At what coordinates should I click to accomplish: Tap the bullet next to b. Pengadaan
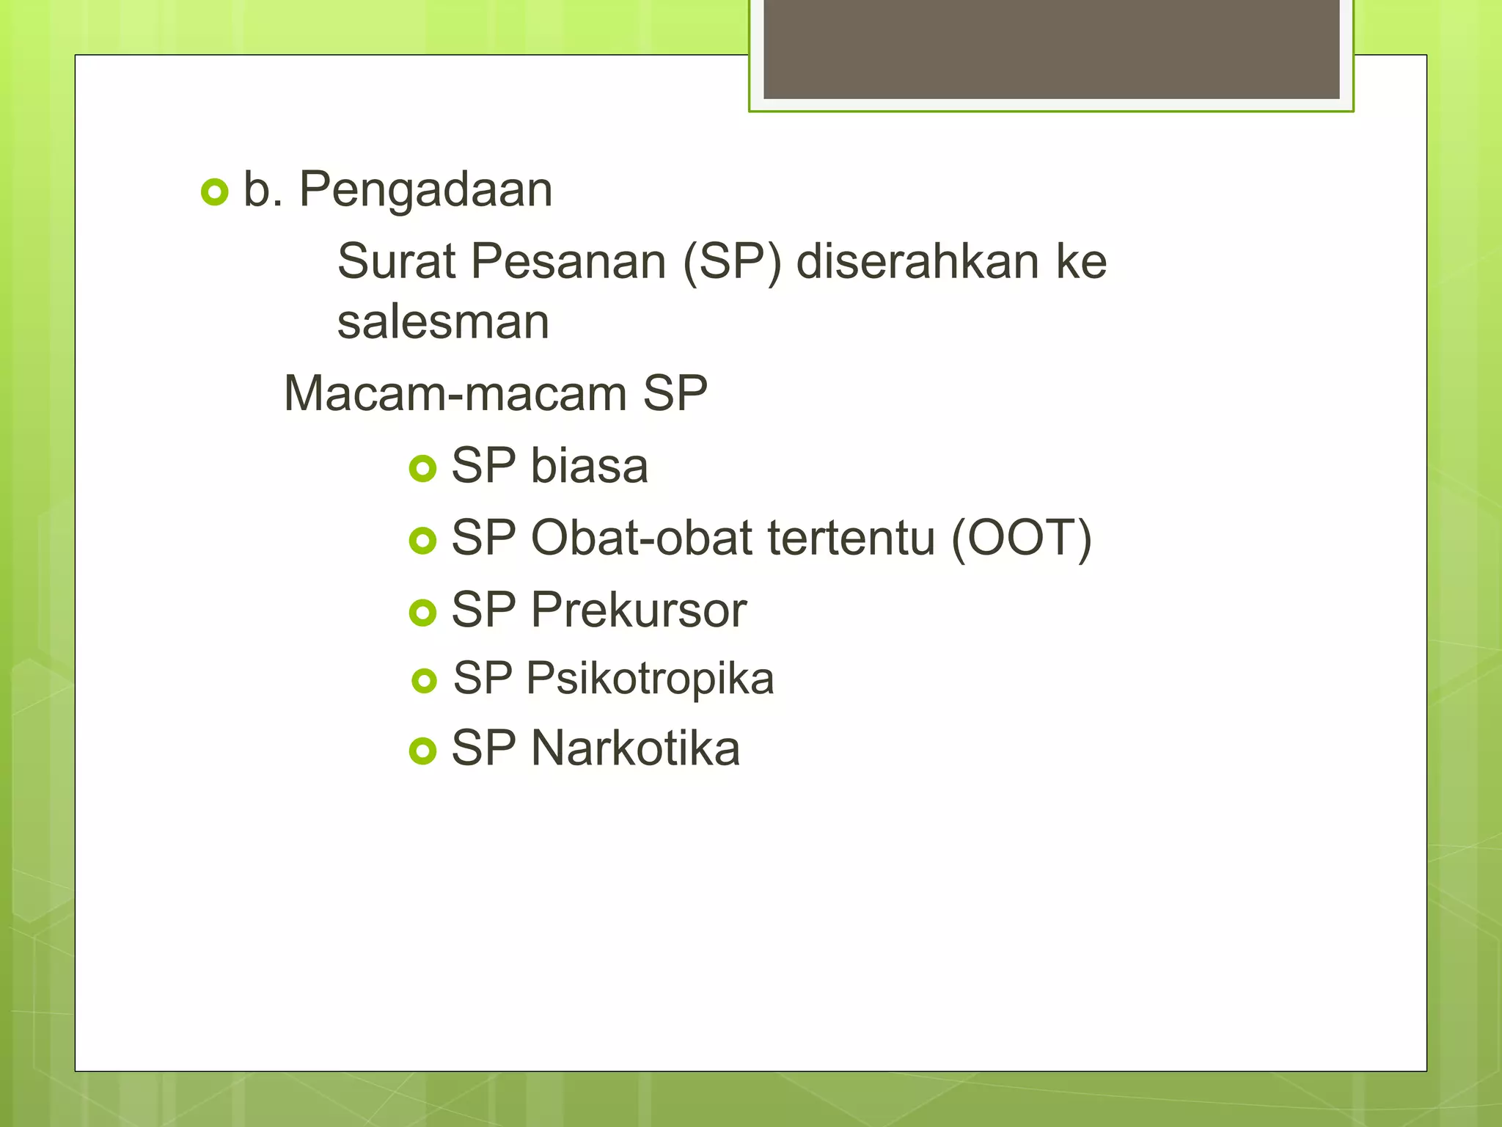pyautogui.click(x=214, y=192)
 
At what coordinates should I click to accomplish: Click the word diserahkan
pyautogui.click(x=917, y=261)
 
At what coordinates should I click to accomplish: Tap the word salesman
pyautogui.click(x=443, y=322)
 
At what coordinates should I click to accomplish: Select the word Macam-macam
pyautogui.click(x=455, y=394)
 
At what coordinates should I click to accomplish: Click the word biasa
pyautogui.click(x=589, y=466)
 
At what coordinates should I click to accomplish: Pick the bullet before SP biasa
pyautogui.click(x=423, y=468)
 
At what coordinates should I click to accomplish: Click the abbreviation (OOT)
pyautogui.click(x=1021, y=538)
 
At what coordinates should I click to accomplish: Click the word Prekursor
pyautogui.click(x=638, y=610)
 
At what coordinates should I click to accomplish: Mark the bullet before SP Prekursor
pyautogui.click(x=423, y=613)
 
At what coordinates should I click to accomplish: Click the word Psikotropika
pyautogui.click(x=650, y=678)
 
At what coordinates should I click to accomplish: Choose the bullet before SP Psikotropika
pyautogui.click(x=425, y=680)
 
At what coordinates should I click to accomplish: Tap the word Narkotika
pyautogui.click(x=635, y=748)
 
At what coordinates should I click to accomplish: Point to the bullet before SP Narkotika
pyautogui.click(x=423, y=751)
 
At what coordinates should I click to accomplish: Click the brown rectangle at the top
pyautogui.click(x=1051, y=48)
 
